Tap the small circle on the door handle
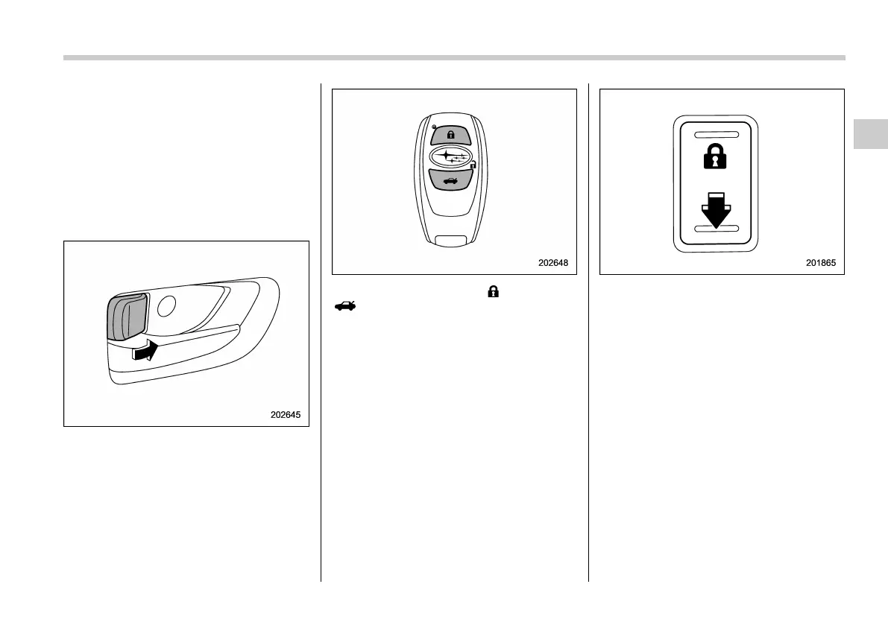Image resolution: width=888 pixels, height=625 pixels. click(168, 305)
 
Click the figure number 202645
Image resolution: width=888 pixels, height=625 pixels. click(286, 415)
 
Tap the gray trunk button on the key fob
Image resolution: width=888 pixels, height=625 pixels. click(450, 180)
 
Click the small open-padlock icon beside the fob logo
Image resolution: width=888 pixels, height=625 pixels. click(473, 165)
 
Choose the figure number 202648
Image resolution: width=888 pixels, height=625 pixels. click(554, 263)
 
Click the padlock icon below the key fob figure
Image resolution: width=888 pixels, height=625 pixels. click(492, 293)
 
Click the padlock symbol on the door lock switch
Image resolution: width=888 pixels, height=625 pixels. click(715, 158)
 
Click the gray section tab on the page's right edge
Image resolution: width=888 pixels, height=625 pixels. click(871, 134)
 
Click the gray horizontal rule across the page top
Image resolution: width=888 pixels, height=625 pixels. click(454, 57)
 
